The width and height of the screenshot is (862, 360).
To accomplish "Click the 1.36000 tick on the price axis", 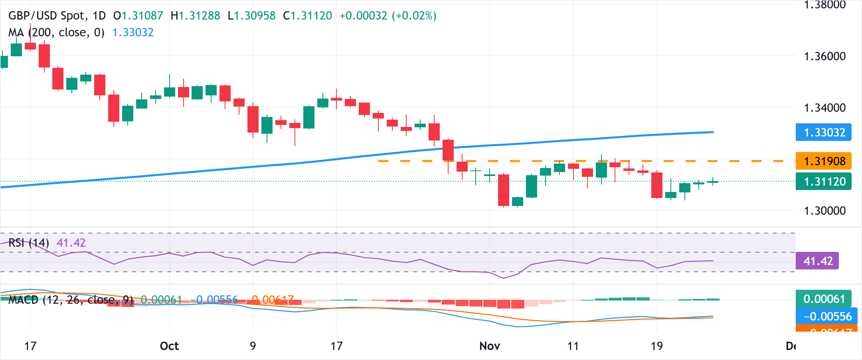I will pos(824,56).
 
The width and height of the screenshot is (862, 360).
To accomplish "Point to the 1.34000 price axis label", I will pos(824,108).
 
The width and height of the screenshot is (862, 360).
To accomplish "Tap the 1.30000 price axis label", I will pos(824,211).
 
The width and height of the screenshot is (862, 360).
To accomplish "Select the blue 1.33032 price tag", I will pos(824,133).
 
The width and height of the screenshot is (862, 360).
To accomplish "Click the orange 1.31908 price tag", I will pos(824,161).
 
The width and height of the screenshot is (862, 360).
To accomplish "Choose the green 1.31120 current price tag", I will pos(824,182).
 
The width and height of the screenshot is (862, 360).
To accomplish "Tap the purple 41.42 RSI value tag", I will pos(817,261).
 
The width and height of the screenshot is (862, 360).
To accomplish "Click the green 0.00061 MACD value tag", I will pos(824,299).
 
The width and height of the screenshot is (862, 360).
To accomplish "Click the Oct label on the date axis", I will pos(169,346).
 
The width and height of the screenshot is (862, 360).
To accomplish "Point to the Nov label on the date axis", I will pos(490,346).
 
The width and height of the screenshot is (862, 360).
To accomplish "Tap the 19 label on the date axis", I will pos(657,346).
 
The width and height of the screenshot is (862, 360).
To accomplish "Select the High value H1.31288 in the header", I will pos(195,16).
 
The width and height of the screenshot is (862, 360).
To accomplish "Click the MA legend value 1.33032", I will pos(133,32).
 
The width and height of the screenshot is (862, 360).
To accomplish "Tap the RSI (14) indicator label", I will pos(29,243).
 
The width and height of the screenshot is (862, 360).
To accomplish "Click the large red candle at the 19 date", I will pos(657,185).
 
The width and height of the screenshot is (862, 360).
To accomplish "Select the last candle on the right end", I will pos(713,182).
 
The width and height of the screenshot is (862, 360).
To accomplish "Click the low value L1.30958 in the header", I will pos(251,16).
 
